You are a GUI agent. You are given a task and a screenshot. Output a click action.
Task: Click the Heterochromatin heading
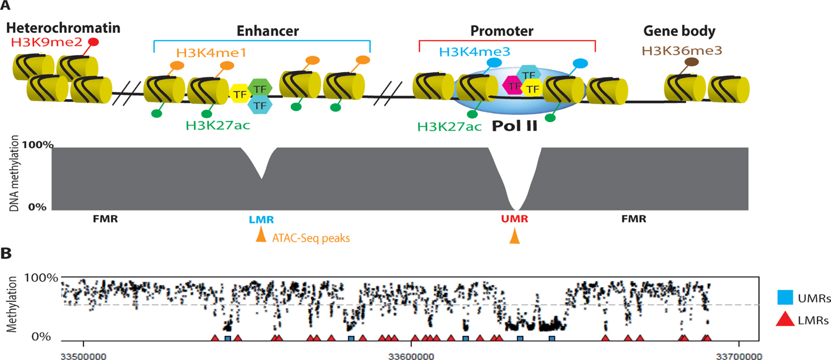[63, 28]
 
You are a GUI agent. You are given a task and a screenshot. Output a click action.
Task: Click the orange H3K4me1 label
[203, 53]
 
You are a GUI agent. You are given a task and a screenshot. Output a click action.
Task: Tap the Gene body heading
[687, 31]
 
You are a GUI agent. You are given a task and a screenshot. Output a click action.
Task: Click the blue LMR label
[261, 219]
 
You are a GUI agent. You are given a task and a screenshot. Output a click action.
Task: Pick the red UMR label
[514, 219]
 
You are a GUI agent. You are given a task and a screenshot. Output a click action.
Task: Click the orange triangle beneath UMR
[514, 236]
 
